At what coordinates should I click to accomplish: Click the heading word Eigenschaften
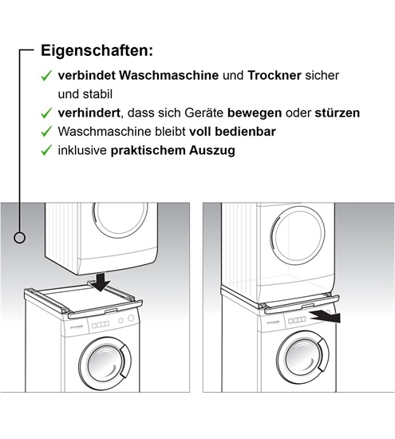pos(96,50)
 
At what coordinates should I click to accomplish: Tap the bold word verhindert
pos(90,113)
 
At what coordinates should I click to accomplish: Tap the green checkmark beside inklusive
pos(47,150)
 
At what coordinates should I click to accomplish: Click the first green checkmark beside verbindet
pos(47,76)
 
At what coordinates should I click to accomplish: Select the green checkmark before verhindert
pos(47,113)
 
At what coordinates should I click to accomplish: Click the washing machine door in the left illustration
pos(108,363)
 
